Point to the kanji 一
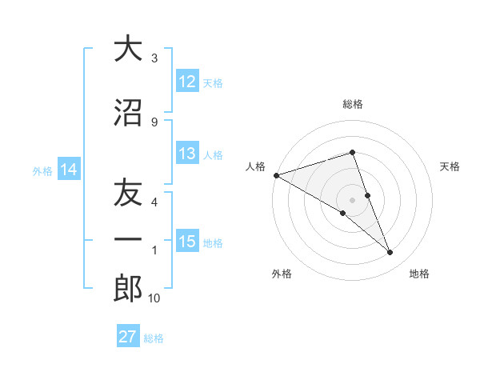click(128, 240)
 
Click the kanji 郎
click(128, 289)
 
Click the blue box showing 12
click(187, 82)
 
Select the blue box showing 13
click(187, 154)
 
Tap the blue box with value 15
click(187, 242)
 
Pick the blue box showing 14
click(68, 170)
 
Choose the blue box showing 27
click(128, 337)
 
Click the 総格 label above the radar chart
click(352, 104)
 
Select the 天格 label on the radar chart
click(450, 166)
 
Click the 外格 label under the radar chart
click(281, 274)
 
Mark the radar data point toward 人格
click(276, 174)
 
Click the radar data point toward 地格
click(390, 253)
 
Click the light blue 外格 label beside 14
click(42, 170)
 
